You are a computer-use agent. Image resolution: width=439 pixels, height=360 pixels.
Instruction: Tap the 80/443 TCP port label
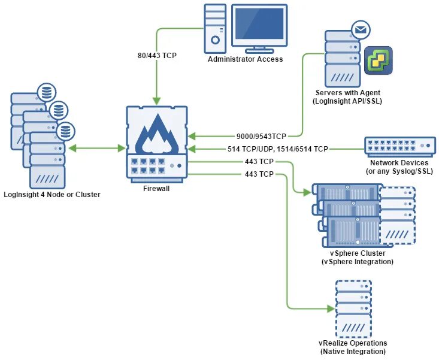(156, 56)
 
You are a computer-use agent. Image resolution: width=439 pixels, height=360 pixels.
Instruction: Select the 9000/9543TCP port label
(262, 136)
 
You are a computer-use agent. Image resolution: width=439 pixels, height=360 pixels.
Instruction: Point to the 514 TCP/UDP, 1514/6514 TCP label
(278, 149)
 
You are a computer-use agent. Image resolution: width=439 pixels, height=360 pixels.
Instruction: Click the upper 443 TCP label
(259, 162)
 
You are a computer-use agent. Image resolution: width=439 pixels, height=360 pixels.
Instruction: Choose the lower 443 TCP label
(259, 174)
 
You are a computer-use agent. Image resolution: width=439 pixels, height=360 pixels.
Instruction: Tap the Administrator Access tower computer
(214, 28)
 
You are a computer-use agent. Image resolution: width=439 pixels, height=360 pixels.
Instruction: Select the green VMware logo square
(378, 60)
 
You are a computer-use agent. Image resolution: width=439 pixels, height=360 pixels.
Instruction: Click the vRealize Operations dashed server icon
(353, 309)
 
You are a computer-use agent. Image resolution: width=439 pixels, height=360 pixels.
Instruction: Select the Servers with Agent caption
(347, 97)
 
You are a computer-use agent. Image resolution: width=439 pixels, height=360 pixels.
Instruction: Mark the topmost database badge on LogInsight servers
(46, 92)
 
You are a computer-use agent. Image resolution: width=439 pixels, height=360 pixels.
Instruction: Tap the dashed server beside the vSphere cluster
(397, 216)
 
